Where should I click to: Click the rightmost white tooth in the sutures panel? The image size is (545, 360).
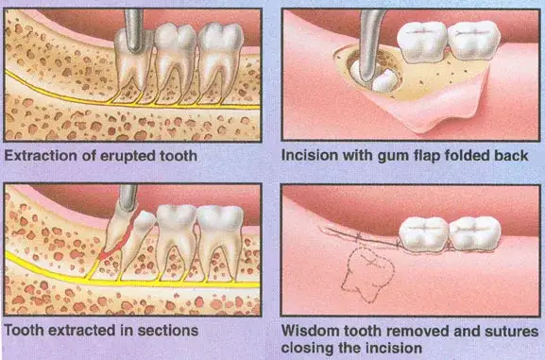(472, 231)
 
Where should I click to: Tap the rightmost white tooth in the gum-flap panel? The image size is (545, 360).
(472, 41)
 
